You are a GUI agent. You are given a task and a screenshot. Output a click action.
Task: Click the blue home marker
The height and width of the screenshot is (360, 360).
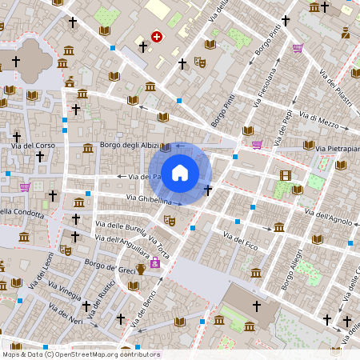180,172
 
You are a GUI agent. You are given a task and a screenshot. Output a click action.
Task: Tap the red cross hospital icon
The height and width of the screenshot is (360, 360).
157,36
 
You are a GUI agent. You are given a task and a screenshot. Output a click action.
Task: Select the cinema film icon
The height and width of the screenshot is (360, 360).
286,175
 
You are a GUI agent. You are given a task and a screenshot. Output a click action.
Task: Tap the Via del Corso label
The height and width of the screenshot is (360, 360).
33,146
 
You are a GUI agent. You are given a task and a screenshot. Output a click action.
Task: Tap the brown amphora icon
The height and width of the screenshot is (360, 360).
140,268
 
